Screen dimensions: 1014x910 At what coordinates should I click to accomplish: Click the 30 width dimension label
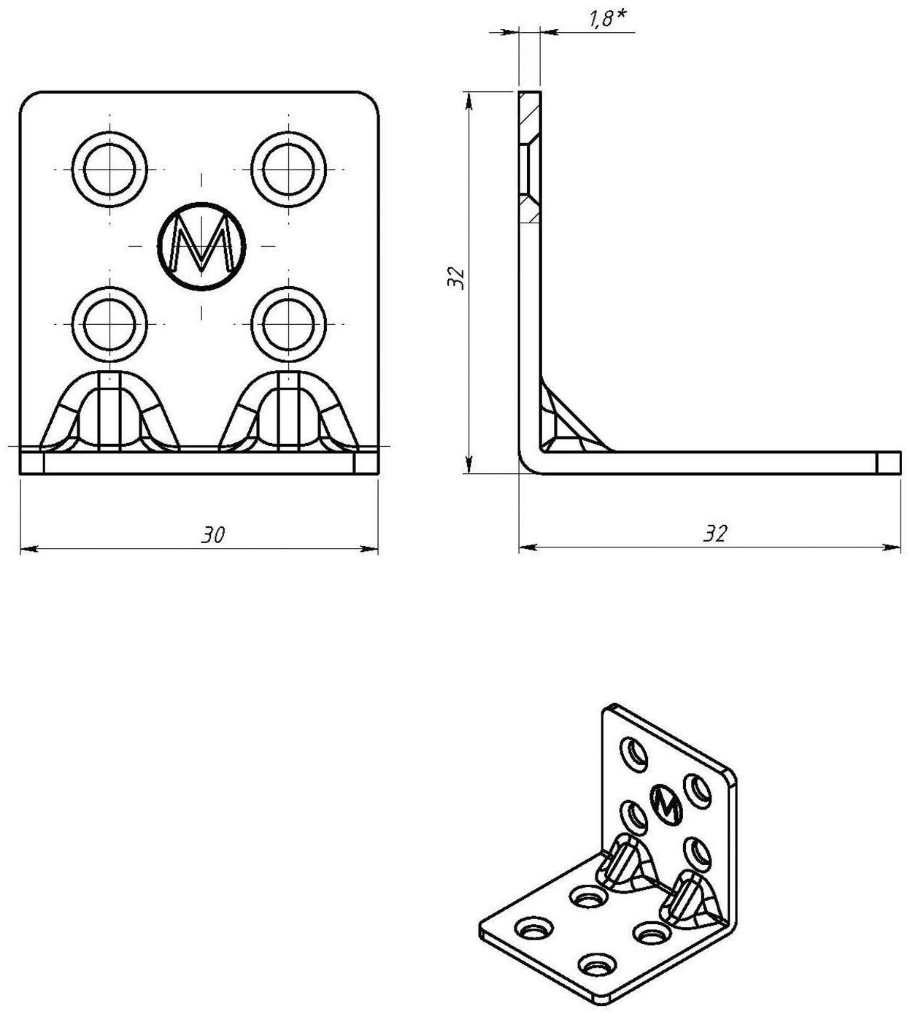[213, 535]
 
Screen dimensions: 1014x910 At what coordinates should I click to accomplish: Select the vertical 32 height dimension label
[457, 277]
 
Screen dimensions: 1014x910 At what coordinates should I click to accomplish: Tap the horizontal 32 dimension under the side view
[715, 534]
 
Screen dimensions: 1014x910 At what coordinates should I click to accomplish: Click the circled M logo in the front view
[201, 245]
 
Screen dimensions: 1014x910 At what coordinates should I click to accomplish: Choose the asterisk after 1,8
[622, 14]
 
